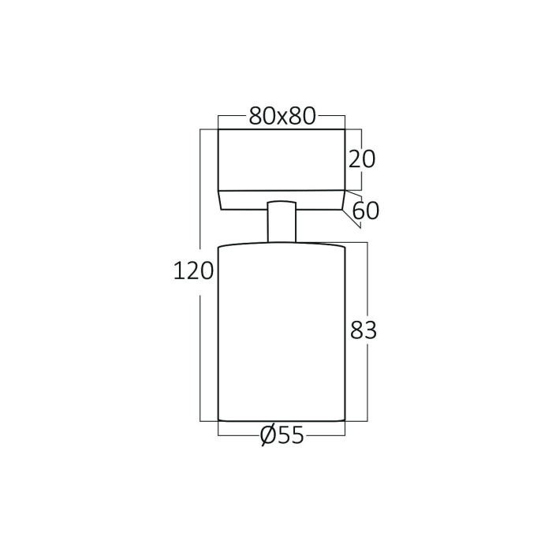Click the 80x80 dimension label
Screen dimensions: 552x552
pyautogui.click(x=282, y=116)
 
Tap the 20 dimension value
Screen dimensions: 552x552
pyautogui.click(x=362, y=159)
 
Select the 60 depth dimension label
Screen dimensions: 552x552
pyautogui.click(x=366, y=211)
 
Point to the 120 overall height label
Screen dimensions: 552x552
pyautogui.click(x=193, y=271)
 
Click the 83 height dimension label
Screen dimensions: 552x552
pyautogui.click(x=364, y=330)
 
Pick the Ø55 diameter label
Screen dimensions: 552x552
pyautogui.click(x=281, y=435)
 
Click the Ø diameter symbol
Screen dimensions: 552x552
pyautogui.click(x=267, y=435)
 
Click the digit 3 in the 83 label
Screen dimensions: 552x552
pyautogui.click(x=371, y=330)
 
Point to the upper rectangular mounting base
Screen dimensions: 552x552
pyautogui.click(x=282, y=159)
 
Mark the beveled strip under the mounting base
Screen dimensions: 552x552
pyautogui.click(x=282, y=200)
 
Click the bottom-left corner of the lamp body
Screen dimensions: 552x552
pyautogui.click(x=218, y=420)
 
